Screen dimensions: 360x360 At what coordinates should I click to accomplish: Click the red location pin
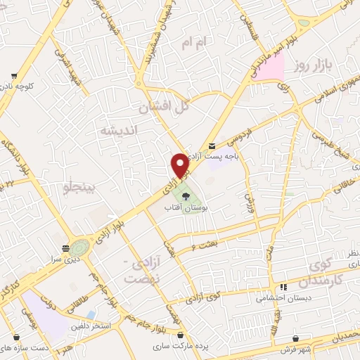[180, 166]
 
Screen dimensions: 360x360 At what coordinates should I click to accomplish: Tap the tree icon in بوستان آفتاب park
[185, 197]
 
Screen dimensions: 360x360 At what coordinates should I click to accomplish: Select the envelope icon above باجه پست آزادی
[212, 146]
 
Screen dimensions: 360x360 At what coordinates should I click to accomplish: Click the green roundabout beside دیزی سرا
[79, 247]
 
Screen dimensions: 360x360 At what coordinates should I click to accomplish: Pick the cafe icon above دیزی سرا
[65, 247]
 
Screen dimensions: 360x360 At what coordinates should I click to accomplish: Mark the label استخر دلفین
[87, 326]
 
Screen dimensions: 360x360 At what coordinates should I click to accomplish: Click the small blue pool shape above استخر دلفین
[91, 314]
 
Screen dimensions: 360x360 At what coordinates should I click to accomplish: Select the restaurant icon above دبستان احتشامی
[283, 287]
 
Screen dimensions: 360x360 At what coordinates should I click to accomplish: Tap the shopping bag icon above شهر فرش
[296, 338]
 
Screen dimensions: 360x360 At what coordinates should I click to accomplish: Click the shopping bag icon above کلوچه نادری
[14, 77]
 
